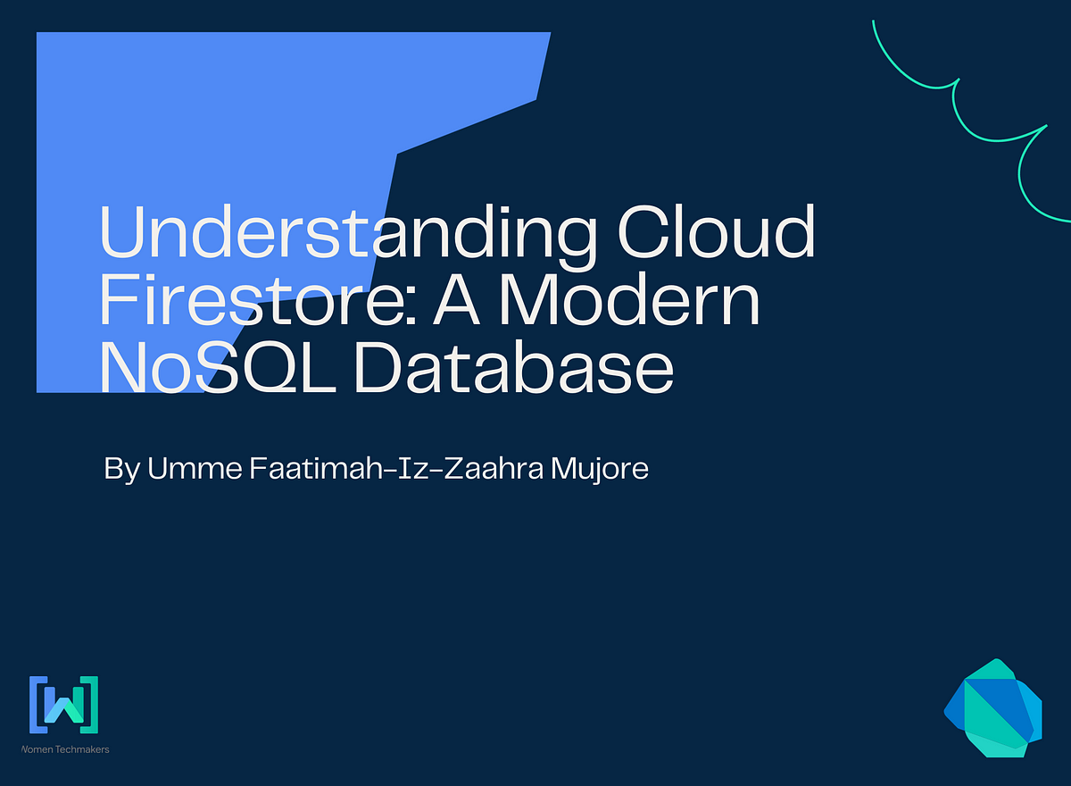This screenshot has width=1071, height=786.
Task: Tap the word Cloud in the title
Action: point(716,230)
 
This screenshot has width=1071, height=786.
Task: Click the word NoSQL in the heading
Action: point(218,367)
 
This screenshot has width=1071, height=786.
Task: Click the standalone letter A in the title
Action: point(456,300)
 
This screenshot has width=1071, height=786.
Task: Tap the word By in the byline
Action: point(122,470)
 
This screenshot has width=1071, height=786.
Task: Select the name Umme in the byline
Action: point(195,468)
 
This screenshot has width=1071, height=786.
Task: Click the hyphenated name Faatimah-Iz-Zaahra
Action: point(396,468)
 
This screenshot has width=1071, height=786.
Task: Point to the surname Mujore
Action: point(600,470)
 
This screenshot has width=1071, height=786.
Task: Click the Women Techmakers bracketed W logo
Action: point(63,705)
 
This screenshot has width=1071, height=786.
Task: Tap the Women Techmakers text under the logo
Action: point(65,749)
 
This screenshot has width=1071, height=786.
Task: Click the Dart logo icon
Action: point(992,708)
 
